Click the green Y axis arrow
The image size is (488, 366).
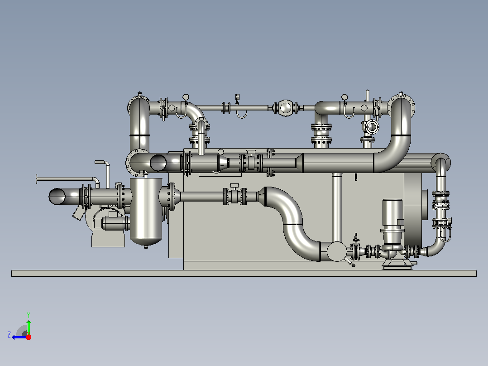click(x=29, y=327)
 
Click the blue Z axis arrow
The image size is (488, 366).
click(x=19, y=337)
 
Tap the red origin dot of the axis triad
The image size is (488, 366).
click(x=29, y=337)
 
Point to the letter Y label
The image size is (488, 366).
click(x=29, y=315)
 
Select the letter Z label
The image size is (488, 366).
click(x=9, y=335)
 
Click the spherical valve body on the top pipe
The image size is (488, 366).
click(x=285, y=108)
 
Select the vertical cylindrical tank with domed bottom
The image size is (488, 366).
click(x=146, y=212)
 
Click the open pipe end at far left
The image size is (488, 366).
click(x=57, y=197)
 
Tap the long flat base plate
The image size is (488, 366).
click(x=244, y=273)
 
